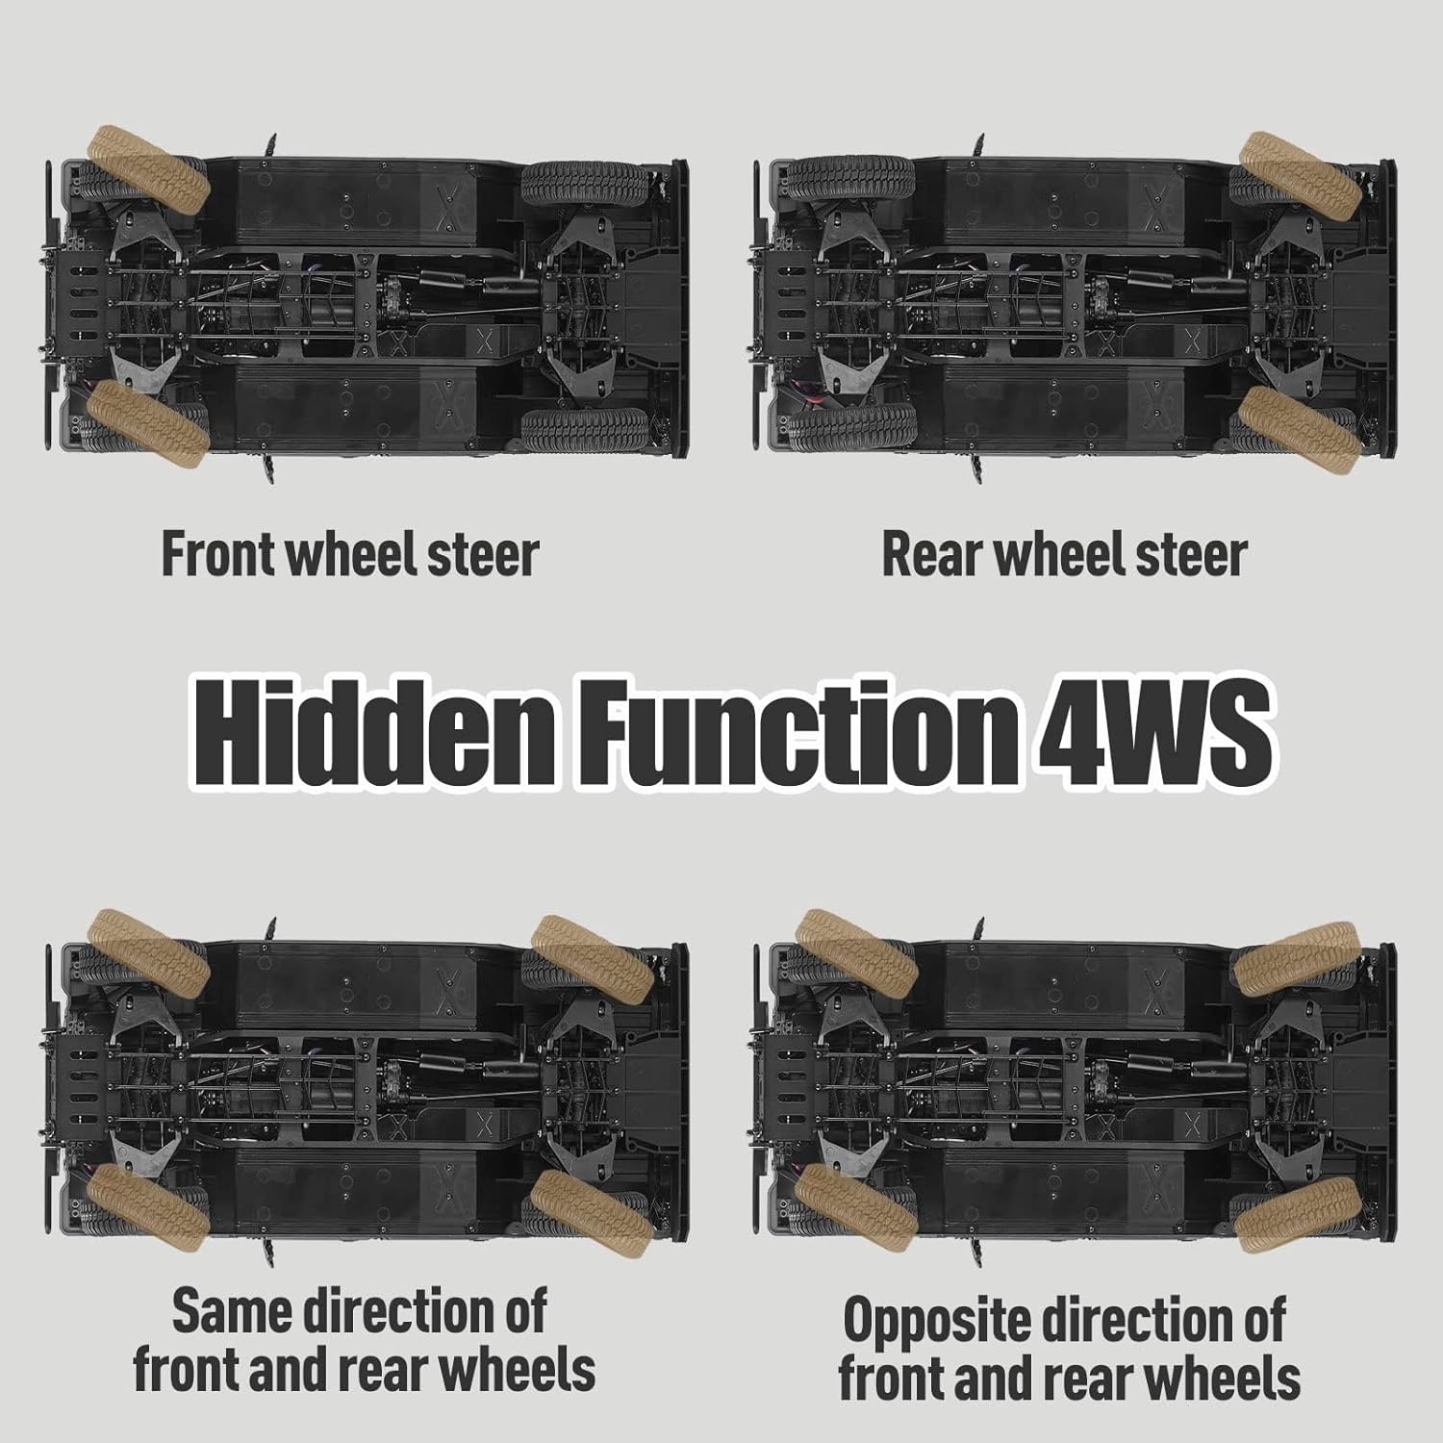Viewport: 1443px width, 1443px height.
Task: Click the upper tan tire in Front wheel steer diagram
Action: tap(148, 169)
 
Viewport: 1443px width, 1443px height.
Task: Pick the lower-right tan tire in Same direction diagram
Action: tap(593, 1209)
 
